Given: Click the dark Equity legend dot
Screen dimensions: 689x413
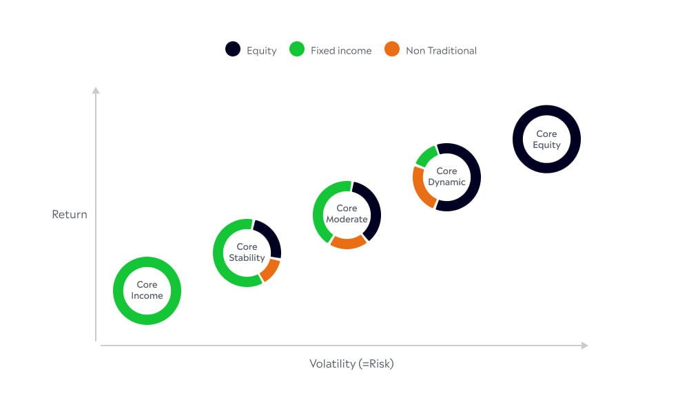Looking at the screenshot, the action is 233,49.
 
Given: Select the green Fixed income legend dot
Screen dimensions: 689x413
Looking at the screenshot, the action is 297,49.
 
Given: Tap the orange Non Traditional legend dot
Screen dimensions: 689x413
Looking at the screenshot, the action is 392,49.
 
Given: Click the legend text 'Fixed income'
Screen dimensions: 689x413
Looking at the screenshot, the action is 341,50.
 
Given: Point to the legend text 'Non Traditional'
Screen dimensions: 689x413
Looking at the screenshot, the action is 441,50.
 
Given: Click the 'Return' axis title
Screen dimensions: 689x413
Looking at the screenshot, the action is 70,214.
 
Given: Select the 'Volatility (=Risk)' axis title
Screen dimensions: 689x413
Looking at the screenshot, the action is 351,364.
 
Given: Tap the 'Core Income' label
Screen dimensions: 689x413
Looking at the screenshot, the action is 147,290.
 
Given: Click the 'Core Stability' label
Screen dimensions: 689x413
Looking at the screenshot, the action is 247,253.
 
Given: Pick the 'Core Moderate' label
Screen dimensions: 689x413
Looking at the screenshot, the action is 347,214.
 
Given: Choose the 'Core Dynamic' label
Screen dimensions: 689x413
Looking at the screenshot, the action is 446,176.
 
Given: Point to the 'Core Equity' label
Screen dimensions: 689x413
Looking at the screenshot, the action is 546,139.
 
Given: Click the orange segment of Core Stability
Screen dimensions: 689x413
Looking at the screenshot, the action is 271,271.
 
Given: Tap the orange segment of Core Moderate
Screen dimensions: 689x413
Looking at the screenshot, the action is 347,243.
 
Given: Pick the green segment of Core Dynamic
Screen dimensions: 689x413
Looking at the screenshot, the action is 426,156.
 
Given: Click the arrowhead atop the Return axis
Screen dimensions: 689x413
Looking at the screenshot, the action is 96,90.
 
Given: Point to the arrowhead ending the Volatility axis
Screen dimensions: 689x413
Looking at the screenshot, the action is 584,346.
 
